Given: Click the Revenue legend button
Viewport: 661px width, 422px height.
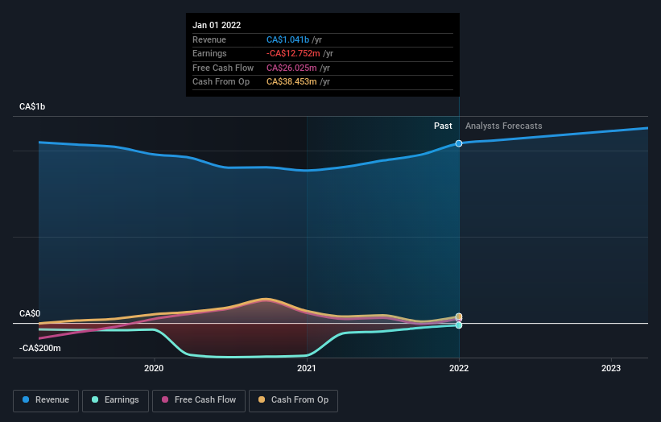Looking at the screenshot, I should click(x=47, y=400).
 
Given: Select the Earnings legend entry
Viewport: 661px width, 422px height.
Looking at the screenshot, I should click(x=115, y=400).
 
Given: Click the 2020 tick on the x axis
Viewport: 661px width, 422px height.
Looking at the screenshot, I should click(x=154, y=368).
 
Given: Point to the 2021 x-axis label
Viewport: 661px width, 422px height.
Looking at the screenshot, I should click(x=306, y=368).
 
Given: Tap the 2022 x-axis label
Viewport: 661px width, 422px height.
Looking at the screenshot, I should click(x=459, y=368).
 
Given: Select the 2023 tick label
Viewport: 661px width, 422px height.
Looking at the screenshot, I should click(x=611, y=368).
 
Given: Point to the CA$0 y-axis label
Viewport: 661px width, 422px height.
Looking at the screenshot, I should click(x=30, y=313).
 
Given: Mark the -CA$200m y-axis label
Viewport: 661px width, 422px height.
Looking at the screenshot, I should click(x=40, y=348).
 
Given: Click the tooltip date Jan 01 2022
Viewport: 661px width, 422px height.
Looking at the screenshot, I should click(x=217, y=26).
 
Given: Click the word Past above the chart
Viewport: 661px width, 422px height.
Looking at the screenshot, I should click(x=443, y=126).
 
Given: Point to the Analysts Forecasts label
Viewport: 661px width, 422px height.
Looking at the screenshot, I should click(x=503, y=126).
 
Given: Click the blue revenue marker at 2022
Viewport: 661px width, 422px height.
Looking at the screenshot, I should click(x=459, y=143).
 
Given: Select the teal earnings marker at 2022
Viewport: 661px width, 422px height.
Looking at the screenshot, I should click(x=459, y=325).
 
